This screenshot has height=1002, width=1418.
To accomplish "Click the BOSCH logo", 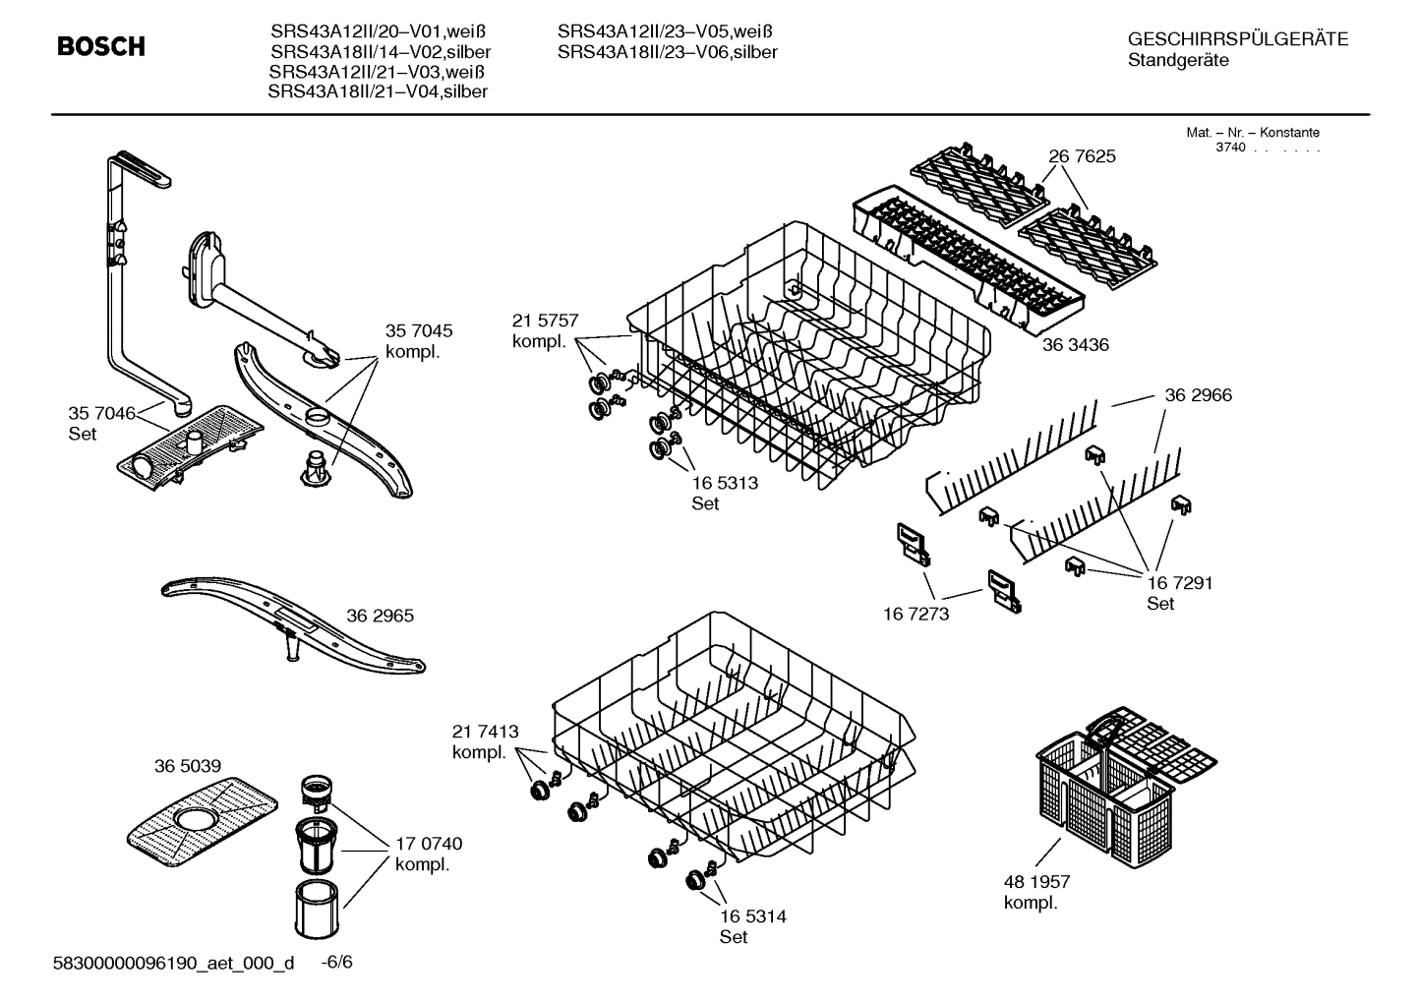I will (100, 46).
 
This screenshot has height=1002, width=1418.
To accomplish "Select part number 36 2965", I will (380, 617).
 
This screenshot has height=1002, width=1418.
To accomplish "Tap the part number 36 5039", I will (187, 766).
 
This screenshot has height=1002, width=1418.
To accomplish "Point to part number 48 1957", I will (1036, 882).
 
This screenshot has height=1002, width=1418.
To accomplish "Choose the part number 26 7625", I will (1082, 156).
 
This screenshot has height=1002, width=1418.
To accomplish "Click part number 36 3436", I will (1075, 345).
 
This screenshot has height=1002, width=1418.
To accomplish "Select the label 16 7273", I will (916, 614).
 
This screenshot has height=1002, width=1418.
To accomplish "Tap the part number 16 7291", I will (1179, 583).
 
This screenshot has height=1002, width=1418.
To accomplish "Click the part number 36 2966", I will (1198, 395).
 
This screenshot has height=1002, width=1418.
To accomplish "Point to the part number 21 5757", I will (545, 321).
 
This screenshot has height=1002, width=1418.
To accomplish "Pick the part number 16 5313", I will (725, 483).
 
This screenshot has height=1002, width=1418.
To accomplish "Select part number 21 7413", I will (485, 732).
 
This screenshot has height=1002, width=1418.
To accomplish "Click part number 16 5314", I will (752, 916).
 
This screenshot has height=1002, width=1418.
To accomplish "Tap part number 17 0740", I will (429, 844).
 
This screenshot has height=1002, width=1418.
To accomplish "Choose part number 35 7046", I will (101, 413).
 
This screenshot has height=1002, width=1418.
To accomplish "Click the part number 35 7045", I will (419, 331).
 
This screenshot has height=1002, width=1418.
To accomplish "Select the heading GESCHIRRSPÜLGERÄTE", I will (1237, 39).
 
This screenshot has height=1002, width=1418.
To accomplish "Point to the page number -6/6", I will (336, 962).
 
